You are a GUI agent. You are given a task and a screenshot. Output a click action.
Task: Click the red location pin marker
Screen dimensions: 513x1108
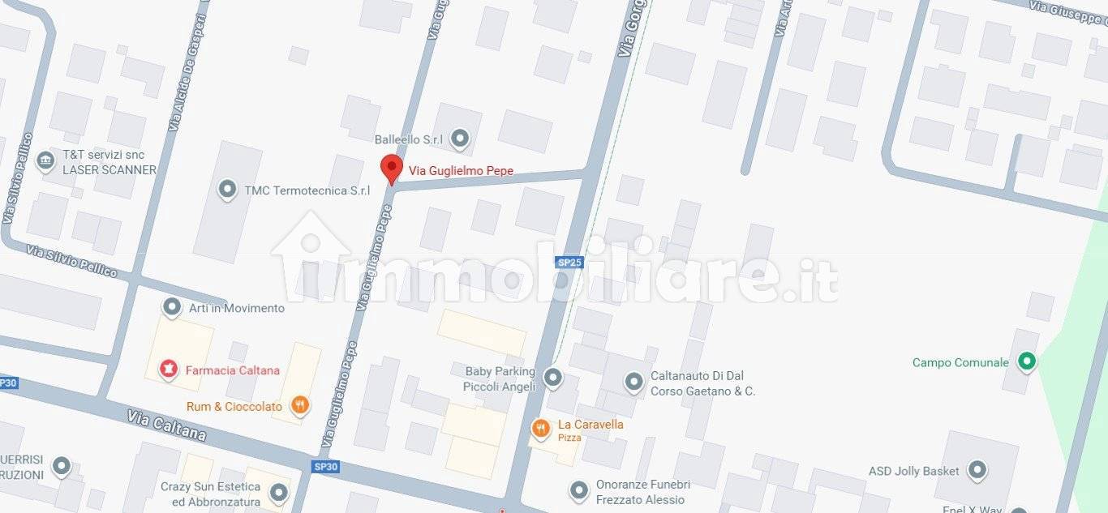[x=392, y=168]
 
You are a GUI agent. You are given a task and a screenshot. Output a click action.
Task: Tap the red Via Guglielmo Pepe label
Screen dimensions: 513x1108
[x=461, y=171]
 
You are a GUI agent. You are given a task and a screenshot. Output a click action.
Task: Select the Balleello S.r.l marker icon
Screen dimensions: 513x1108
[x=460, y=139]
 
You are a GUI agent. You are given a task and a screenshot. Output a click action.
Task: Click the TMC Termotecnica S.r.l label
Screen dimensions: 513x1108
[x=307, y=190]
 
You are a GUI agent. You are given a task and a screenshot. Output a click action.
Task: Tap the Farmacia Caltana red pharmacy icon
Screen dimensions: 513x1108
[x=169, y=370]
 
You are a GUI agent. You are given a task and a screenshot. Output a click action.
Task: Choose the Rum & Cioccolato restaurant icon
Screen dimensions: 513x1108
[x=300, y=405]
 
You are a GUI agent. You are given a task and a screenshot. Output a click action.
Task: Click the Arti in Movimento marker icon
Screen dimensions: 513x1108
[x=172, y=307]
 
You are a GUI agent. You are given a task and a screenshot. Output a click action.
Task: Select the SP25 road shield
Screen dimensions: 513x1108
[x=569, y=262]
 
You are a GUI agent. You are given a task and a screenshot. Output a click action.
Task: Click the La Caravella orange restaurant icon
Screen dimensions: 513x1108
[x=540, y=428]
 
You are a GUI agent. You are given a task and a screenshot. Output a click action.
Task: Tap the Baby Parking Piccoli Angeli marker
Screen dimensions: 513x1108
[x=552, y=377]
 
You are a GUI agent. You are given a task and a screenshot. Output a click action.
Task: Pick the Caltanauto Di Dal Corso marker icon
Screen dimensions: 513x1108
[x=633, y=380]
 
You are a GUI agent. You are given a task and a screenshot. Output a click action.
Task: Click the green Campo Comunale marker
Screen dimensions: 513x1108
[x=1026, y=361]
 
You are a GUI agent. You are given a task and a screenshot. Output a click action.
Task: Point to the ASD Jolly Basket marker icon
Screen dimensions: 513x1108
[x=977, y=469]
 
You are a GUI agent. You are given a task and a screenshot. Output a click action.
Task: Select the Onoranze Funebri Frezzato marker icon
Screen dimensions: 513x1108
[x=578, y=490]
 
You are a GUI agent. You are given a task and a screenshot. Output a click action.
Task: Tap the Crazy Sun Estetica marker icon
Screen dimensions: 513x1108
[x=279, y=492]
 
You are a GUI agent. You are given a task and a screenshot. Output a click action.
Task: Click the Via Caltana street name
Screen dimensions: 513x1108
[x=166, y=425]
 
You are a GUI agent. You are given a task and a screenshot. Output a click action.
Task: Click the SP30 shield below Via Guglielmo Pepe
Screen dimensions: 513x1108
[x=325, y=466]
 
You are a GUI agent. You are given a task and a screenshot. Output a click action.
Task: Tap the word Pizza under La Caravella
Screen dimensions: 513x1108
[x=569, y=438]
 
